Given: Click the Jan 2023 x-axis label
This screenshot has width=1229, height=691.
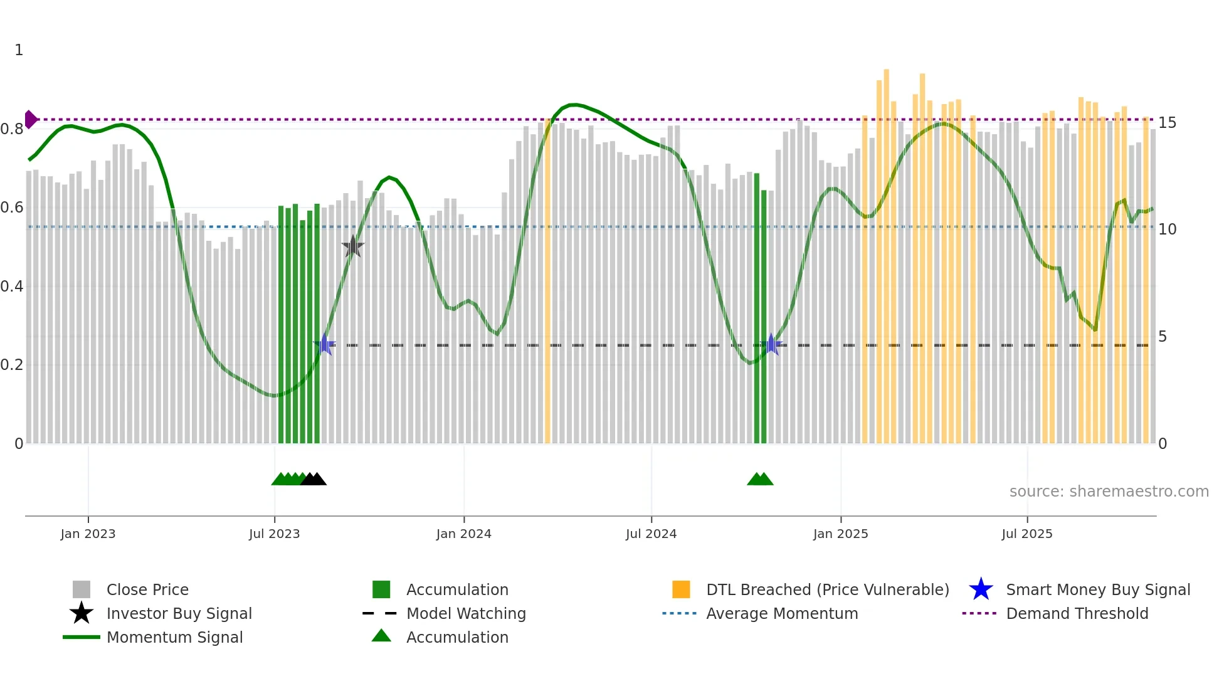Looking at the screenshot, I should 88,534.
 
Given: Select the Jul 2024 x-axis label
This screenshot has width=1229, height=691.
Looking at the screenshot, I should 651,534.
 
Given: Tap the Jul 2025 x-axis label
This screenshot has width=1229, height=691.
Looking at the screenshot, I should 1027,534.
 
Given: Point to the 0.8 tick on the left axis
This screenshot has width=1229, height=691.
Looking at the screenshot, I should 13,129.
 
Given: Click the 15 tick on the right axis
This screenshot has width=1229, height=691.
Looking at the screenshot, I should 1167,123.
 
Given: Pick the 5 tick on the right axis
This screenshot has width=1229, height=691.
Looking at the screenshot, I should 1163,337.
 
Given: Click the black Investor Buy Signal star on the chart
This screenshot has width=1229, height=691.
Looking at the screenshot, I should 353,247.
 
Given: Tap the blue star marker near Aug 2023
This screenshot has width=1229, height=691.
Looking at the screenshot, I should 324,344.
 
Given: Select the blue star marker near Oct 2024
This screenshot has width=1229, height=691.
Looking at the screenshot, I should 771,344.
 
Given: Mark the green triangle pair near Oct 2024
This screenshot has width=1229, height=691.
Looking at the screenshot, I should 760,479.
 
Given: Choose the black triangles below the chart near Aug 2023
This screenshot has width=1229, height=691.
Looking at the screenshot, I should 314,479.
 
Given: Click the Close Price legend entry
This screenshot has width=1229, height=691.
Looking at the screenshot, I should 147,589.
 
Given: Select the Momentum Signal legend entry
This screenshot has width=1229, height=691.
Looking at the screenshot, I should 174,637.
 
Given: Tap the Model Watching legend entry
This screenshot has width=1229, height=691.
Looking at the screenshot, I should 465,613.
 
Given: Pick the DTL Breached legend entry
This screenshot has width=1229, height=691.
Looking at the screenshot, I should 827,589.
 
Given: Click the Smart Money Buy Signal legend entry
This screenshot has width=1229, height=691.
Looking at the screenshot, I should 1097,589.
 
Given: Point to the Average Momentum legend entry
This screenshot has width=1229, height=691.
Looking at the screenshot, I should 781,613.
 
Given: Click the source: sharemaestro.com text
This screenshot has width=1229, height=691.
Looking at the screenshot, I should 1109,492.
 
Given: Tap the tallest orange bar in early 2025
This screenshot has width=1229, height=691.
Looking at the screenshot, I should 886,251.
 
